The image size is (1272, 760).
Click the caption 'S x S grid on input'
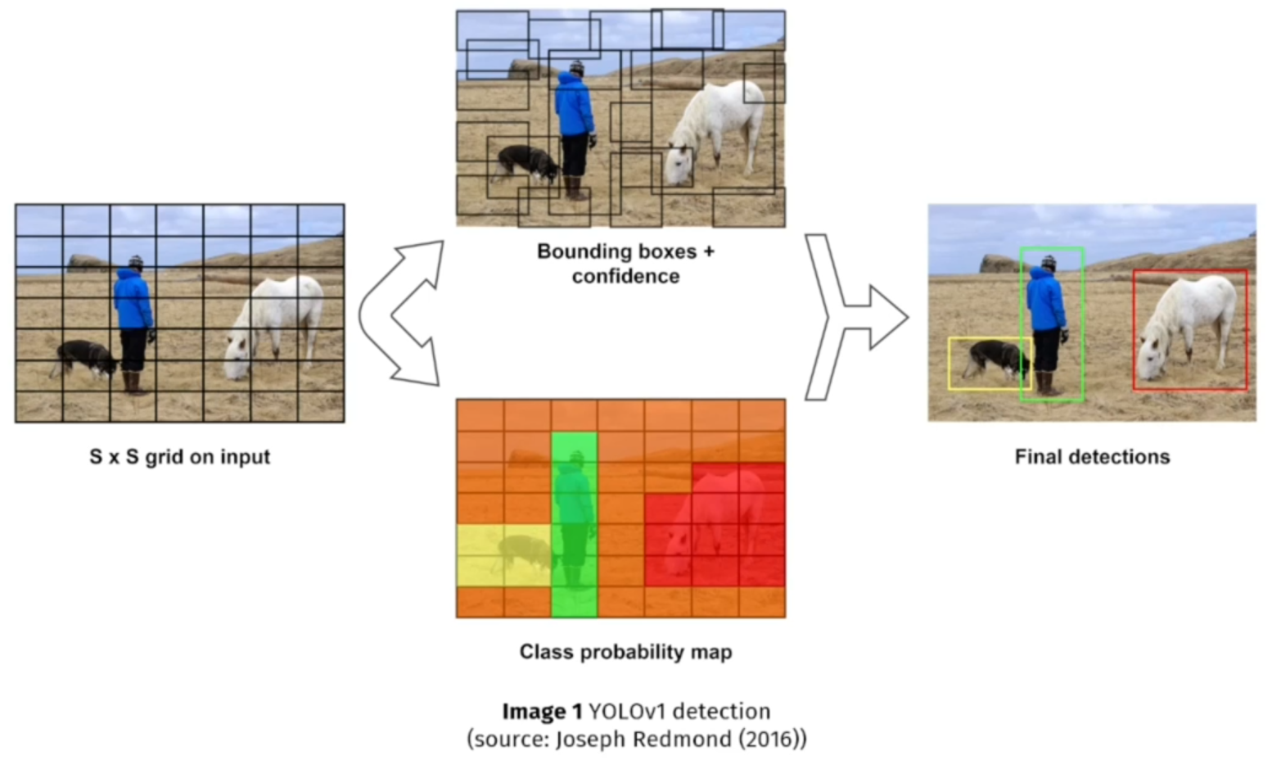pos(179,457)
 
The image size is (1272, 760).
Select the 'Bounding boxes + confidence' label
pos(625,263)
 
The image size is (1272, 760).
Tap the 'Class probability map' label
pos(625,652)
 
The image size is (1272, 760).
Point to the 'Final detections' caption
pos(1092,457)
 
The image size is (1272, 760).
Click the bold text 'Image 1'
pos(542,711)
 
